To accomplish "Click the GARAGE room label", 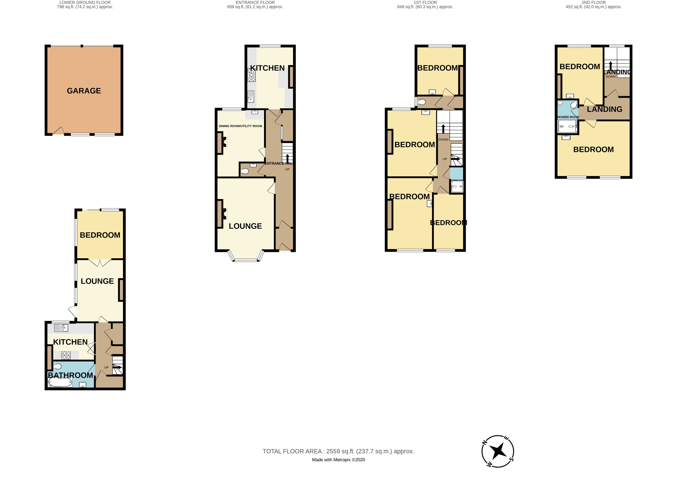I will (84, 91).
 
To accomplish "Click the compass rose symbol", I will (498, 451).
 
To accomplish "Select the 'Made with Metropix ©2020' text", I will (338, 460).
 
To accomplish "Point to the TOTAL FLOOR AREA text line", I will (338, 451).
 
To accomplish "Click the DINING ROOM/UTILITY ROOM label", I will (240, 126).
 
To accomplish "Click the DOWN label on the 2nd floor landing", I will (610, 77).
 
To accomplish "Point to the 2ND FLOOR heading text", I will (593, 2).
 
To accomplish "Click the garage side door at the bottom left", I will (58, 131).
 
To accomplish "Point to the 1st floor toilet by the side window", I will (421, 102).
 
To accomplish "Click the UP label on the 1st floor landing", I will (445, 159).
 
